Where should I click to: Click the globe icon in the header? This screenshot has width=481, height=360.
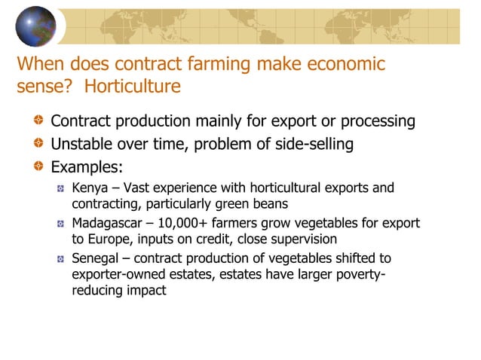click(35, 26)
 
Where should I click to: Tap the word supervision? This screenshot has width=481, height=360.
click(300, 239)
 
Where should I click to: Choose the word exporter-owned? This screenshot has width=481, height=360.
click(117, 275)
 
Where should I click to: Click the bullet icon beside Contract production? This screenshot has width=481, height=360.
click(38, 121)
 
